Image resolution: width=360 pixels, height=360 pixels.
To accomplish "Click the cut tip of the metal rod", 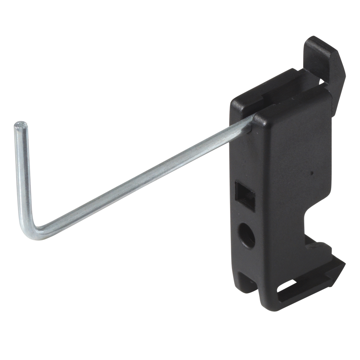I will coord(21,124).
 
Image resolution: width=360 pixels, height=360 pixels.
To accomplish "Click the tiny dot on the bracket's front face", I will coord(311,173).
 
